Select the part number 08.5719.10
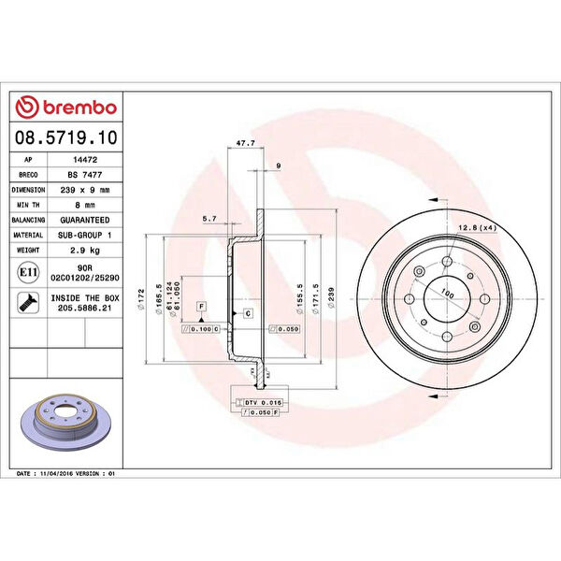[x=66, y=137]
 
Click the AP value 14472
[x=85, y=160]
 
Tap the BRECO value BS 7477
[x=85, y=175]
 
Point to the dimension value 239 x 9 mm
[x=85, y=190]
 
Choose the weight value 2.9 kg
[x=85, y=251]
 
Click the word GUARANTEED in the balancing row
[x=85, y=220]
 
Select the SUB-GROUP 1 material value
[x=85, y=235]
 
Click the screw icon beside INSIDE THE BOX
[x=29, y=301]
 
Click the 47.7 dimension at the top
[x=246, y=143]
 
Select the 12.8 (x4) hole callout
[x=477, y=226]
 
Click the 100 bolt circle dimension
[x=446, y=295]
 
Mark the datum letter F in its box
[x=200, y=307]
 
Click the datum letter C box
[x=248, y=312]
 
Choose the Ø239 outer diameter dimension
[x=331, y=297]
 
